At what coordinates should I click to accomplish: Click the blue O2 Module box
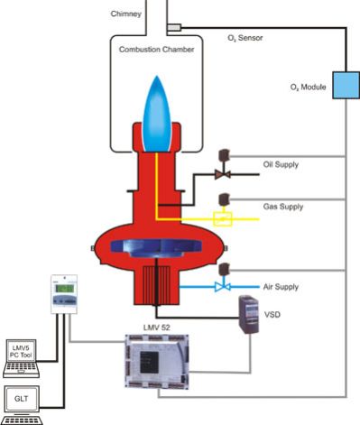tap(345, 84)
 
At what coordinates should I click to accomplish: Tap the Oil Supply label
tap(282, 164)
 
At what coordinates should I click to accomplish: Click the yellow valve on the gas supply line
tap(218, 218)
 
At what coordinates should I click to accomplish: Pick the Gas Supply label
tap(282, 207)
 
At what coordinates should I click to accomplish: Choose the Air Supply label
tap(281, 286)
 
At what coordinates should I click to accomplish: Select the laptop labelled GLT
tap(21, 403)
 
